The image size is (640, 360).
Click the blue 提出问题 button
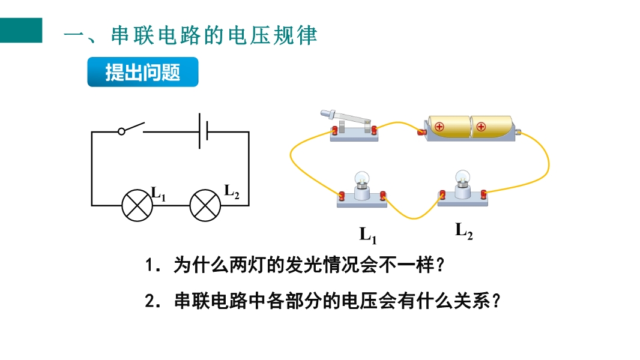[143, 72]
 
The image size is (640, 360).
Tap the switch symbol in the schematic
[131, 128]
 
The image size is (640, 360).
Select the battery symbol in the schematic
[204, 131]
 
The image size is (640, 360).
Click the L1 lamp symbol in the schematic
[137, 205]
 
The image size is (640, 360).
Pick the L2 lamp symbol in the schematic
[205, 205]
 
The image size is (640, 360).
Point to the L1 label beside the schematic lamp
[158, 194]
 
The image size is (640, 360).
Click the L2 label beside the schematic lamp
[232, 191]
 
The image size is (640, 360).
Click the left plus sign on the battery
[439, 127]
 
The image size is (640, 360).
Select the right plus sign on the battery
[482, 127]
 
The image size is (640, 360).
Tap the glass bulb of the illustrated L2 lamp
[462, 176]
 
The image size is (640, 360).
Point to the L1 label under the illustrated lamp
[368, 235]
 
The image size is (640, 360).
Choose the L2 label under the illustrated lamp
[463, 231]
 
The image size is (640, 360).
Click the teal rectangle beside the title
[21, 30]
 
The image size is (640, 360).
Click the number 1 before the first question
[149, 265]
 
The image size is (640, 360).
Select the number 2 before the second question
[150, 301]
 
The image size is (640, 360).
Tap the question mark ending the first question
[439, 265]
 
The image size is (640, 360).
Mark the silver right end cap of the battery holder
[518, 132]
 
